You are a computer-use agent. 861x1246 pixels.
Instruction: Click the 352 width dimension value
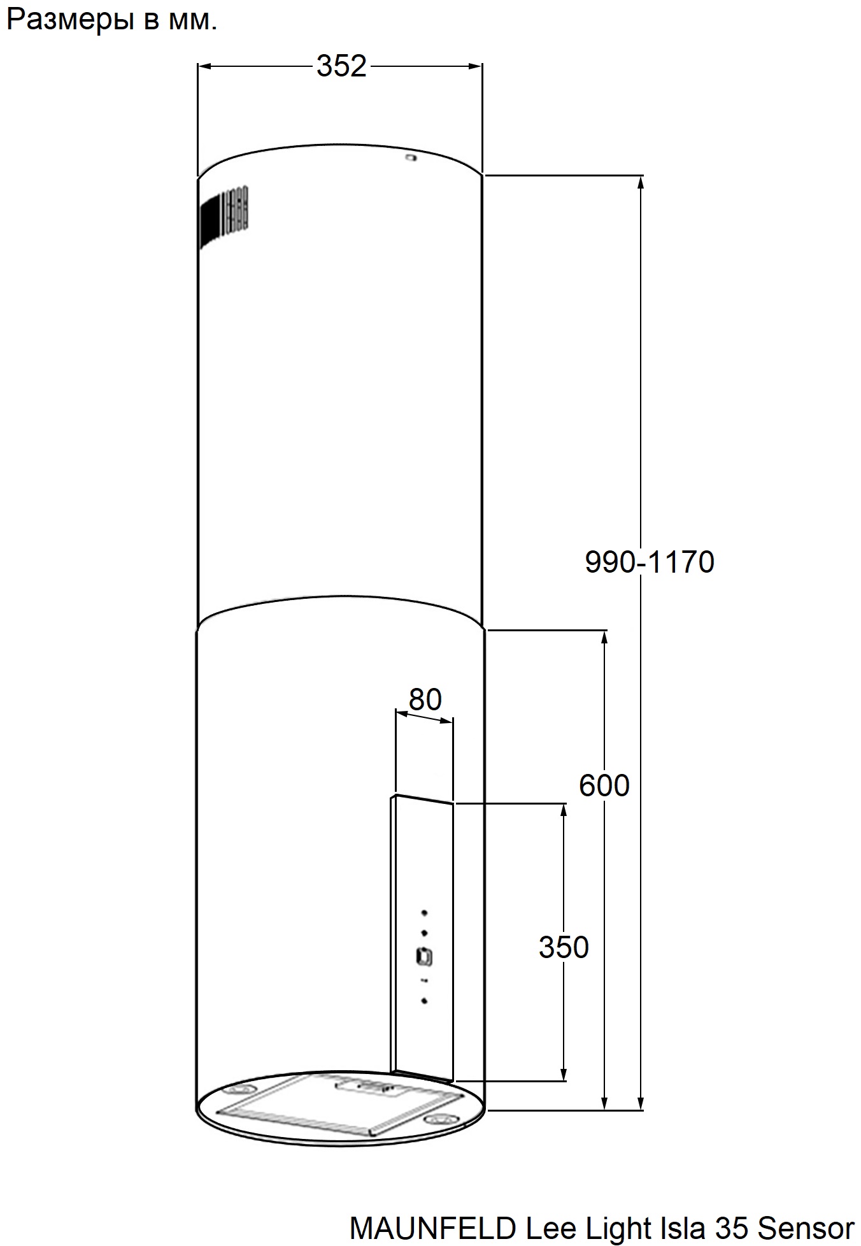pos(342,66)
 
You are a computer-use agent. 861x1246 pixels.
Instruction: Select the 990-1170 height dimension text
pos(650,562)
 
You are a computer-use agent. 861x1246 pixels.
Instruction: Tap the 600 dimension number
pos(604,785)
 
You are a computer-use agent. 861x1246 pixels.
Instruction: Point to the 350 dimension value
pos(564,947)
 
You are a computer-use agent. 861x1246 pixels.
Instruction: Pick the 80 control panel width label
pos(425,699)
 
